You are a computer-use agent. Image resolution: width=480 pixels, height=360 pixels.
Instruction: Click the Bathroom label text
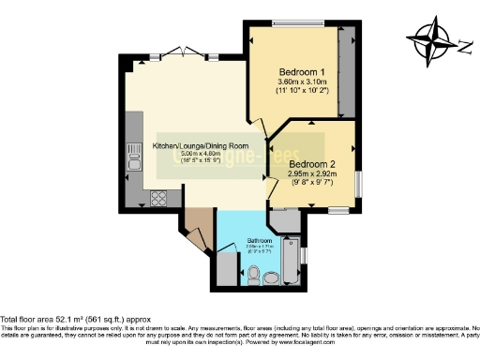(x=259, y=241)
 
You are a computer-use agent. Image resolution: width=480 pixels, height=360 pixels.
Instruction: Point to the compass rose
(x=432, y=42)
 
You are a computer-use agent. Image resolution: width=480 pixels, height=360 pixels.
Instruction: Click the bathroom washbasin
(x=272, y=277)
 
